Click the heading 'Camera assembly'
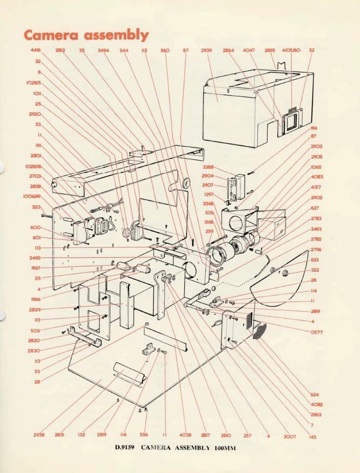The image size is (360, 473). coord(86,35)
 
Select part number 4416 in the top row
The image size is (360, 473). coord(35,51)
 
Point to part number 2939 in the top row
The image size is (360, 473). coord(206,51)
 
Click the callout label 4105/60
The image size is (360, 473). coord(292,51)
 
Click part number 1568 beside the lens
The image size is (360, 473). coord(209,222)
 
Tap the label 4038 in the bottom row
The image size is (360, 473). coord(185,435)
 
